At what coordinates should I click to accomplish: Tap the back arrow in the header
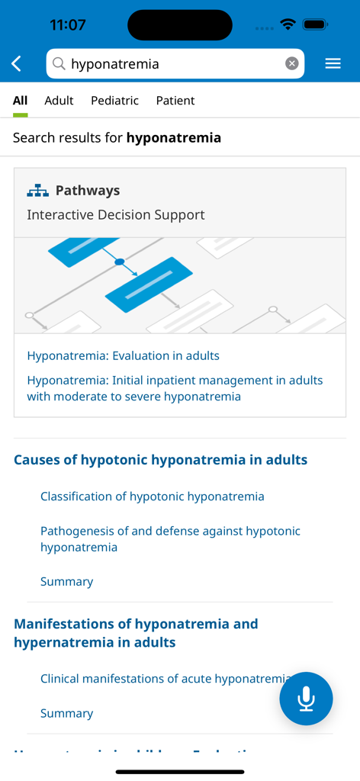coord(17,64)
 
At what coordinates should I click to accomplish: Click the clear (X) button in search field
coord(291,64)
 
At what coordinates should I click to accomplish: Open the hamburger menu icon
coord(333,64)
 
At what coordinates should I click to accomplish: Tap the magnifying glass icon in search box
coord(59,64)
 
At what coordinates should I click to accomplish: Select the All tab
coord(20,101)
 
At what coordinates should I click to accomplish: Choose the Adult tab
coord(59,101)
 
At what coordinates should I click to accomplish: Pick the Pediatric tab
coord(114,101)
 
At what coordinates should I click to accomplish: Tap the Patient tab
coord(175,101)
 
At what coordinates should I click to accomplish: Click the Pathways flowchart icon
coord(37,191)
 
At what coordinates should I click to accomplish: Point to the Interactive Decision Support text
coord(115,215)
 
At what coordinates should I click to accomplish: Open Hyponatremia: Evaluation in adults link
coord(123,355)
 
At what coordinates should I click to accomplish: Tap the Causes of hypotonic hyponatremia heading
coord(160,460)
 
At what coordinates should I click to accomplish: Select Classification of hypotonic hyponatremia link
coord(152,497)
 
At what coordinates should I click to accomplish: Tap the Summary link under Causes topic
coord(66,581)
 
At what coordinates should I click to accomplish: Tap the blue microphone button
coord(306,699)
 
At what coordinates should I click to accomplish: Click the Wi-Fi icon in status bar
coord(288,24)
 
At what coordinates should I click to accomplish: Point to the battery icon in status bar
coord(315,24)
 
